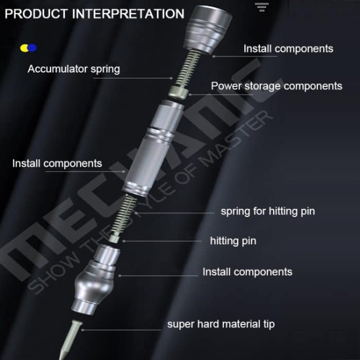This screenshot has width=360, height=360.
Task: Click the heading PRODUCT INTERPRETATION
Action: coord(94,13)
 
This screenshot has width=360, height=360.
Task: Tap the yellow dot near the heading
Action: coord(24,48)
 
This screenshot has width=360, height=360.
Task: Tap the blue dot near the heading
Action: coord(32,48)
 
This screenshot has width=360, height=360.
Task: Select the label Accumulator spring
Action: coord(74,69)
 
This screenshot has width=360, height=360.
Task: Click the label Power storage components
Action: coord(276,86)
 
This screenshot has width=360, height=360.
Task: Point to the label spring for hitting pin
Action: coord(267,211)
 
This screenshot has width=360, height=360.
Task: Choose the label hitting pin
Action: coord(233,241)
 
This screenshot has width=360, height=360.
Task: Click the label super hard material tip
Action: coord(221,324)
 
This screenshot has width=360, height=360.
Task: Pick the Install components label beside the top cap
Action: coord(288,49)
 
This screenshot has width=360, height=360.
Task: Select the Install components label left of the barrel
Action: coord(57,164)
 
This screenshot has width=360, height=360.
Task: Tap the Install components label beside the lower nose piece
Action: coord(247,272)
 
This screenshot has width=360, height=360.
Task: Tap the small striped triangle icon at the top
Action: coord(262,7)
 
